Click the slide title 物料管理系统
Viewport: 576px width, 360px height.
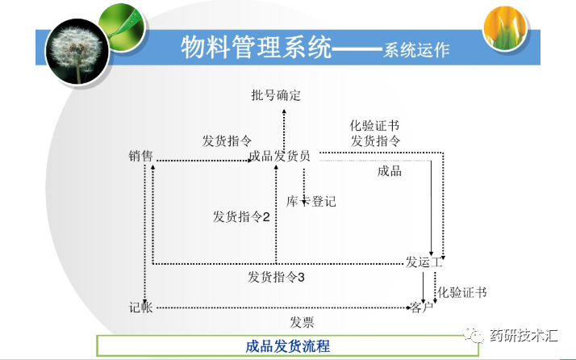257,48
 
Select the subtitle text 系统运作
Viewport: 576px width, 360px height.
416,50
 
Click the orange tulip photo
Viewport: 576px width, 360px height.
506,27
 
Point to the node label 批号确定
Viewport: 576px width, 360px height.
276,96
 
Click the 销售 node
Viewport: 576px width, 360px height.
140,156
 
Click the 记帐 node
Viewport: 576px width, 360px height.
140,308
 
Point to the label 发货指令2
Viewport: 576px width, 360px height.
240,217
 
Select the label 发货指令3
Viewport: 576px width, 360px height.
276,278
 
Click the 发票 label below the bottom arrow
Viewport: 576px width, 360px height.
302,322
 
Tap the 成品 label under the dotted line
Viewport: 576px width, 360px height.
390,171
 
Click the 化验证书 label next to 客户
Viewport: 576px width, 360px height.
462,291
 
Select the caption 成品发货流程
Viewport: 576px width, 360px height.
288,345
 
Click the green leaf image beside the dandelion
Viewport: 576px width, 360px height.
121,24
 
